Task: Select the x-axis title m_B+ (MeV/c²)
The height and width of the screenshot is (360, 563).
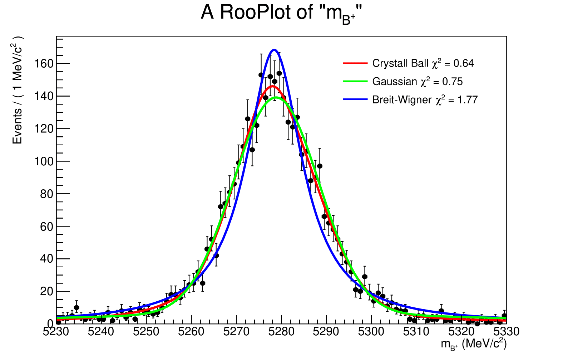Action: click(473, 344)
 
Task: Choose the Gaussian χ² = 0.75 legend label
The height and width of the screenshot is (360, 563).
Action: click(417, 82)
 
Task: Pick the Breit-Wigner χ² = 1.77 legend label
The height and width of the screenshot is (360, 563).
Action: click(425, 99)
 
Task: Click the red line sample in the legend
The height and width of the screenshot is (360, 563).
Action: click(355, 63)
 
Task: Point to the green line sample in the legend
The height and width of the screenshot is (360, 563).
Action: click(355, 82)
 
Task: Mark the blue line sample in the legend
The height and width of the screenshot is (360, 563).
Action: click(355, 99)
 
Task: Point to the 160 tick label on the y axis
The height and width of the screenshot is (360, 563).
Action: click(43, 64)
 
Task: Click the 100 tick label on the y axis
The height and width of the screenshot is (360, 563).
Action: click(43, 161)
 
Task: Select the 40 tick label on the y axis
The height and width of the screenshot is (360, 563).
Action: click(46, 259)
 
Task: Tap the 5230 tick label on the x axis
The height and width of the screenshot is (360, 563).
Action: click(56, 332)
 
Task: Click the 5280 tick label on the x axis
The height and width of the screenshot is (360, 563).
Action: click(281, 332)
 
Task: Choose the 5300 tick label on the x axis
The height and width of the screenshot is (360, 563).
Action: click(371, 332)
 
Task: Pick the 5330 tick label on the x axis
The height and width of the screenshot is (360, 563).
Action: click(507, 332)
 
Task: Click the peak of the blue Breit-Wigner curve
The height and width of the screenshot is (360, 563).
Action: click(274, 50)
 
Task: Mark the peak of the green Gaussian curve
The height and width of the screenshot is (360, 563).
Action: click(276, 97)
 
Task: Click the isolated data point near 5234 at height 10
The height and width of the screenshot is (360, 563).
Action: click(76, 307)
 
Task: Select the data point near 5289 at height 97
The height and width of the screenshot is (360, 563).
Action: click(320, 166)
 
